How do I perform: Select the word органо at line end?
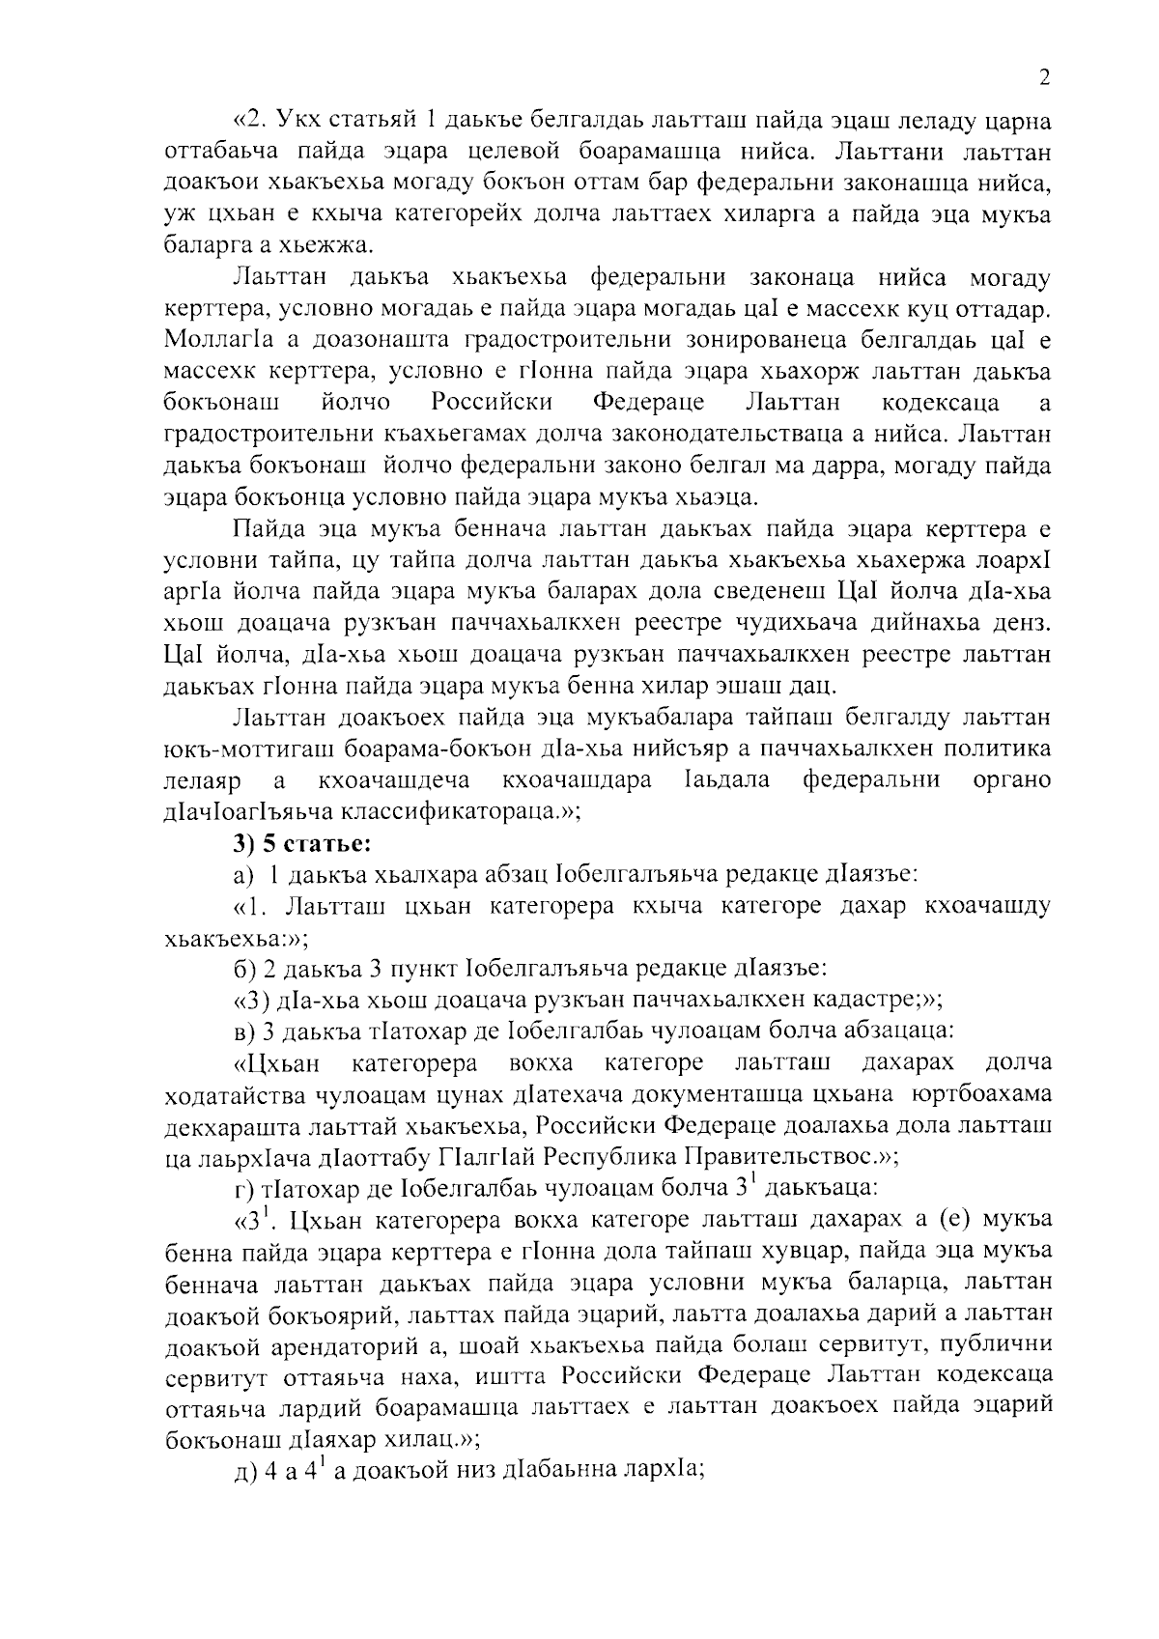[x=1009, y=779]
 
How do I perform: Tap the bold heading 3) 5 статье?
[x=301, y=843]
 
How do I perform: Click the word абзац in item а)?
[x=518, y=875]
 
